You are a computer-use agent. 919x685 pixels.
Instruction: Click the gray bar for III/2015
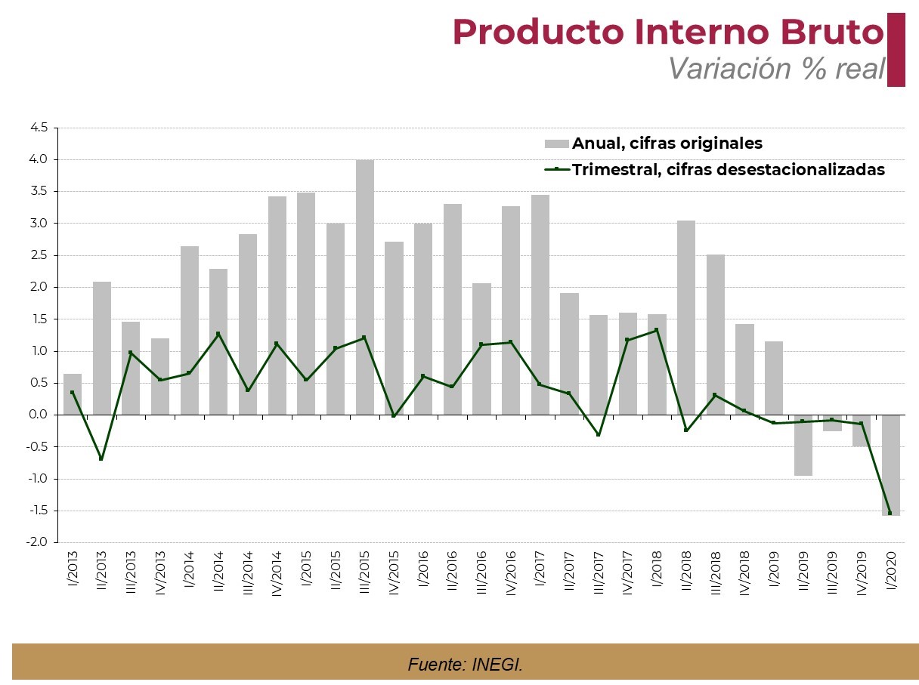364,287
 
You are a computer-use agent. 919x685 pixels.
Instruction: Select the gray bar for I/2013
73,394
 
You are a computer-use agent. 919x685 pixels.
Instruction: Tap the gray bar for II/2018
685,317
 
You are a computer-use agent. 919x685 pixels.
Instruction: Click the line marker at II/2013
101,458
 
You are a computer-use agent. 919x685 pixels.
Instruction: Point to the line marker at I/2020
890,513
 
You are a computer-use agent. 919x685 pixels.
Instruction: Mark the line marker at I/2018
656,330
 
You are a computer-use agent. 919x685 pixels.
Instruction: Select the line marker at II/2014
218,334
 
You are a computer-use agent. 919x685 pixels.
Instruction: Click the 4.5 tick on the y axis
39,128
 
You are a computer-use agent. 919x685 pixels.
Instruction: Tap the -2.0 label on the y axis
39,542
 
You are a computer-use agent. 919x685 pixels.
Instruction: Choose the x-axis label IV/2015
395,575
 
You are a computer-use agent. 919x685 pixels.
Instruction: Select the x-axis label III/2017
598,577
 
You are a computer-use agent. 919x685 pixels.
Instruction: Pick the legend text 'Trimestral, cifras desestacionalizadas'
728,169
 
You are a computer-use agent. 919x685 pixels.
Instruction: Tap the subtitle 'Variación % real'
776,69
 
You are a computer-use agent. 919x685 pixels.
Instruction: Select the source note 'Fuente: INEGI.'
465,665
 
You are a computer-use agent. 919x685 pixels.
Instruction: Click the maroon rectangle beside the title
896,50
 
